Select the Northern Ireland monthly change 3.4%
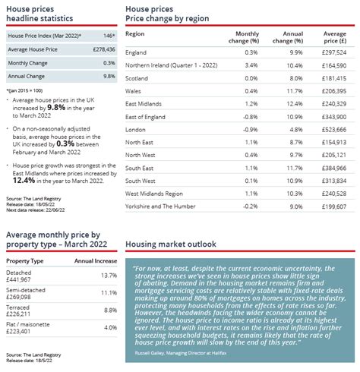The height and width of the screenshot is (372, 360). (250, 67)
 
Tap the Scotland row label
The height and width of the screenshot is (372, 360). (137, 77)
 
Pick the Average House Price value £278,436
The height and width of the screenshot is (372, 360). (103, 49)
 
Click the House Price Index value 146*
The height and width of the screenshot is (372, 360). (109, 36)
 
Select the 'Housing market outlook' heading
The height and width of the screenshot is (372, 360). (171, 244)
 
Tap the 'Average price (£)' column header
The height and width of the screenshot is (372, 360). (335, 38)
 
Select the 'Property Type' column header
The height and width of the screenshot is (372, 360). (25, 260)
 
